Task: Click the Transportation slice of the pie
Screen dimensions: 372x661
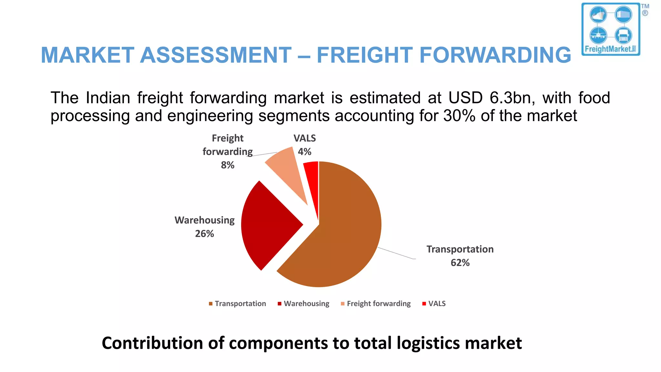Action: point(342,232)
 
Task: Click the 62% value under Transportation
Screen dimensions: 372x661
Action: point(460,263)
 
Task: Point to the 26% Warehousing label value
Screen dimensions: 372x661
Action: point(204,234)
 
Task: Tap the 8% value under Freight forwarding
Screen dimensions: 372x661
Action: point(228,165)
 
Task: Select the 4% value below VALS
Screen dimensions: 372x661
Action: point(304,152)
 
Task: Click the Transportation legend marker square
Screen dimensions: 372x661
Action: point(210,304)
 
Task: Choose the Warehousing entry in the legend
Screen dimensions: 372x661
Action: point(306,304)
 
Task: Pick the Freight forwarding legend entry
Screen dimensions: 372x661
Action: point(379,304)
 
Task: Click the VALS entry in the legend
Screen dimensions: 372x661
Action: point(437,304)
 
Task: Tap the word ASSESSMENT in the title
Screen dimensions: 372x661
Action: point(216,55)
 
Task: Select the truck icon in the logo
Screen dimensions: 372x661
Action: point(623,35)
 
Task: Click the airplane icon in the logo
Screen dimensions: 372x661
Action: point(598,35)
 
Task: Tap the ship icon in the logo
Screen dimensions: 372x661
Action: point(598,15)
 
